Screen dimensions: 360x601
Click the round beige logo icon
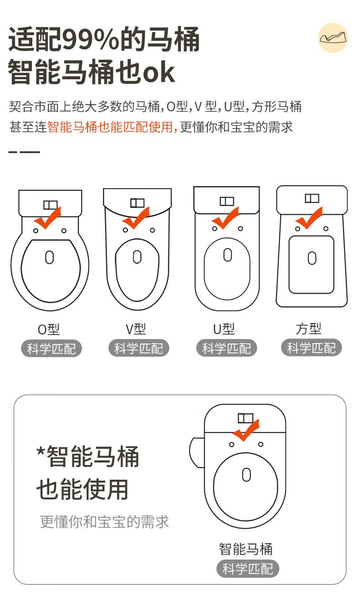pyautogui.click(x=333, y=38)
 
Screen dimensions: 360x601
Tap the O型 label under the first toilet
pyautogui.click(x=49, y=329)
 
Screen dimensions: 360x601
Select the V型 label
pyautogui.click(x=136, y=329)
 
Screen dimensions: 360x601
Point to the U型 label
pyautogui.click(x=224, y=329)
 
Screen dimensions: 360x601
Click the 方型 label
pyautogui.click(x=309, y=329)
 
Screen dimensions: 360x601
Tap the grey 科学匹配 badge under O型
pyautogui.click(x=51, y=349)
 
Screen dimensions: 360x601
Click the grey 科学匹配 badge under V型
pyautogui.click(x=139, y=348)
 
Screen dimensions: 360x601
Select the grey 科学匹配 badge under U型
pyautogui.click(x=226, y=348)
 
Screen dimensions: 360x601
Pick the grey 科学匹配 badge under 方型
pyautogui.click(x=311, y=348)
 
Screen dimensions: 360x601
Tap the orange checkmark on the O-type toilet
pyautogui.click(x=47, y=218)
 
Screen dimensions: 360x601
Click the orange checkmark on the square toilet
pyautogui.click(x=309, y=218)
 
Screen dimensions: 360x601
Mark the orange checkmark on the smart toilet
pyautogui.click(x=246, y=430)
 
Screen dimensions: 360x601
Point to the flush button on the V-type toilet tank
pyautogui.click(x=137, y=203)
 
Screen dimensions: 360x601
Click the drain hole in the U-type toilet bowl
pyautogui.click(x=227, y=255)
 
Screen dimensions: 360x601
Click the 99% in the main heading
pyautogui.click(x=91, y=39)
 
